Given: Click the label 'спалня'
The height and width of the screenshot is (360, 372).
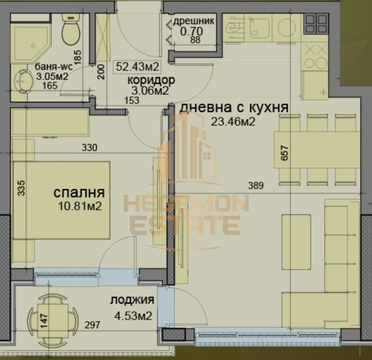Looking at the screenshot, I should [79, 193].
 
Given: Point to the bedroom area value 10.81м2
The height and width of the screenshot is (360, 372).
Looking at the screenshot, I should [79, 206].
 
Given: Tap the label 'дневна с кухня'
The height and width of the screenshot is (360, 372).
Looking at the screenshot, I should [233, 108].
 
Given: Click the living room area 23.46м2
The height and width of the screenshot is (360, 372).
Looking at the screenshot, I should [232, 121].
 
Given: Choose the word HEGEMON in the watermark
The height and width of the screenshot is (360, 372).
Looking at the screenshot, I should [185, 204].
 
